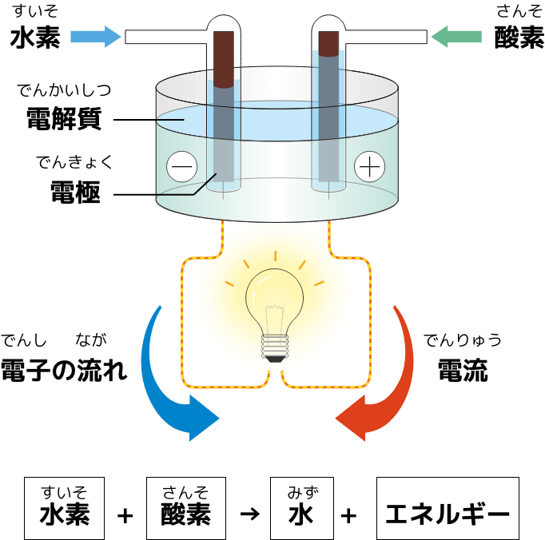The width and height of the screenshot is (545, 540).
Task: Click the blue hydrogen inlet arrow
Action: click(x=96, y=37)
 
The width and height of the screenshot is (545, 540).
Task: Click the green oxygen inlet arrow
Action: click(x=456, y=37)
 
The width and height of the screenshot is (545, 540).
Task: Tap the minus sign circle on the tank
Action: click(x=181, y=166)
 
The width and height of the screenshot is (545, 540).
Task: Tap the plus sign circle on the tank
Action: click(x=369, y=166)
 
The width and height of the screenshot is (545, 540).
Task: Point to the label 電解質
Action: click(x=64, y=119)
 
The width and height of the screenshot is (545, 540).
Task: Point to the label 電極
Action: click(x=75, y=192)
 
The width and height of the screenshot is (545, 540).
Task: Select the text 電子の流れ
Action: click(x=64, y=370)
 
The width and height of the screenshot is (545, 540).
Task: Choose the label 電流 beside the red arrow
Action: click(x=463, y=370)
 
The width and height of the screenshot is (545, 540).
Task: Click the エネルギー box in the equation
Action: click(x=448, y=508)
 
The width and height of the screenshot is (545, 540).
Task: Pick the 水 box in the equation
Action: click(x=302, y=508)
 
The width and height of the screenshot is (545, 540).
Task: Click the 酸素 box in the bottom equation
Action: click(x=186, y=508)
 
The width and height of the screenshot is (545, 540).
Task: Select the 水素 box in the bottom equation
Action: click(x=64, y=508)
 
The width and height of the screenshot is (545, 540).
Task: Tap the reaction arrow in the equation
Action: click(x=249, y=514)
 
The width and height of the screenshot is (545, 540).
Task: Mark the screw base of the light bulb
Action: click(x=275, y=347)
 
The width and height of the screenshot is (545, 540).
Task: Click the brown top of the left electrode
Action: click(x=224, y=59)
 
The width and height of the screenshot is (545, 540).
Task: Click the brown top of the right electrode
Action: click(x=328, y=44)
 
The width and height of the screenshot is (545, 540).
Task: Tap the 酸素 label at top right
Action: click(x=519, y=38)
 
